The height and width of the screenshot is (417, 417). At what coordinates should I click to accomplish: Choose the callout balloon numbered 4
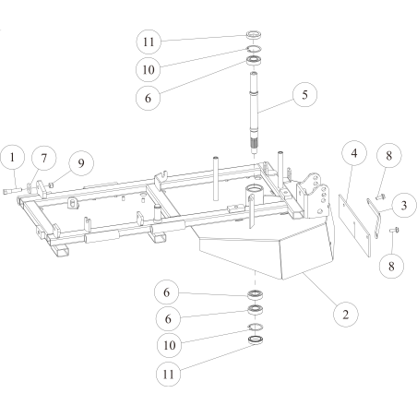(352, 154)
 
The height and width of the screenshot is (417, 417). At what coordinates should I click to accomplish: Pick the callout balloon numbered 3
(402, 204)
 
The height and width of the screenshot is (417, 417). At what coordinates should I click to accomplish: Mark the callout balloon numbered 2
(343, 314)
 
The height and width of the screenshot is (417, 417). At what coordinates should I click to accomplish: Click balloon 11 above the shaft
(150, 42)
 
